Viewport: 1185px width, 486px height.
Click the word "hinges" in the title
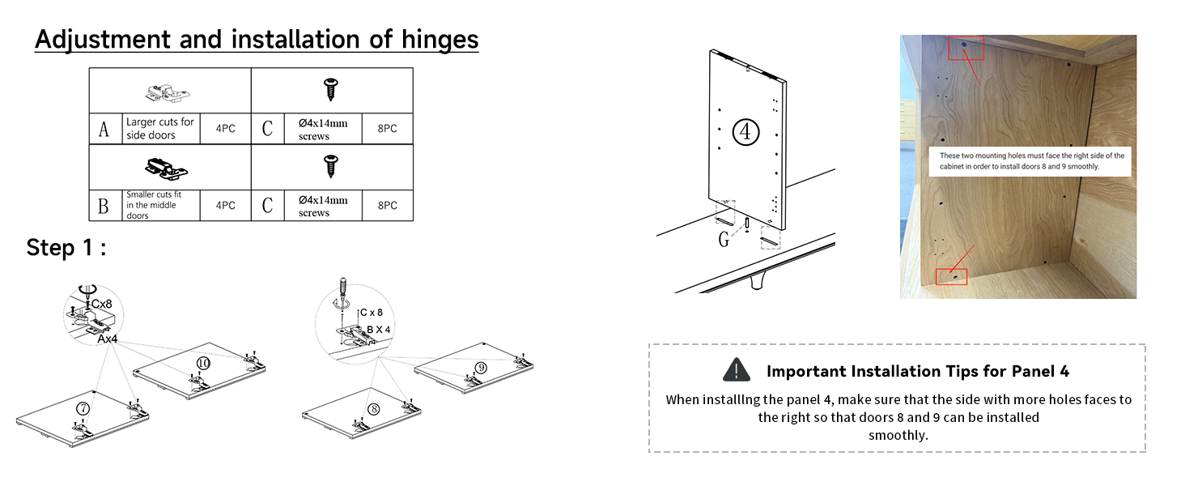tap(437, 39)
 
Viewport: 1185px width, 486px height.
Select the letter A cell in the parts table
tap(104, 130)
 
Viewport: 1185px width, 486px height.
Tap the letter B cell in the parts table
tap(104, 206)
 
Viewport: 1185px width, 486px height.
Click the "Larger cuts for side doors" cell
tap(160, 129)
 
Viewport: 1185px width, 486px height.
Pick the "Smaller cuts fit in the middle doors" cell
tap(160, 205)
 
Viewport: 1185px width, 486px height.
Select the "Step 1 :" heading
tap(66, 248)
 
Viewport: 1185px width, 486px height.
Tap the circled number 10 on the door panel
tap(203, 364)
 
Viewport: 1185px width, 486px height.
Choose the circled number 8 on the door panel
tap(373, 409)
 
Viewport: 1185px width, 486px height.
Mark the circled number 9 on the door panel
tap(481, 368)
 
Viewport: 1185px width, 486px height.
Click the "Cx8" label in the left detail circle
tap(101, 304)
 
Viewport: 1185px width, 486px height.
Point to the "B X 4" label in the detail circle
tap(379, 330)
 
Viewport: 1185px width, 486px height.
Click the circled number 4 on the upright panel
tap(745, 131)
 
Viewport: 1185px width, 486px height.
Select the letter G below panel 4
tap(724, 240)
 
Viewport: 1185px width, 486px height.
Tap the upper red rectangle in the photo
tap(966, 48)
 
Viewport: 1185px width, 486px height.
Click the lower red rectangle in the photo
tap(951, 277)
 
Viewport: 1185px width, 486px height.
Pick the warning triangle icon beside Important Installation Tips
tap(735, 371)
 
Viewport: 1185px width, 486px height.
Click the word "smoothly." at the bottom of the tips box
tap(898, 436)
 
